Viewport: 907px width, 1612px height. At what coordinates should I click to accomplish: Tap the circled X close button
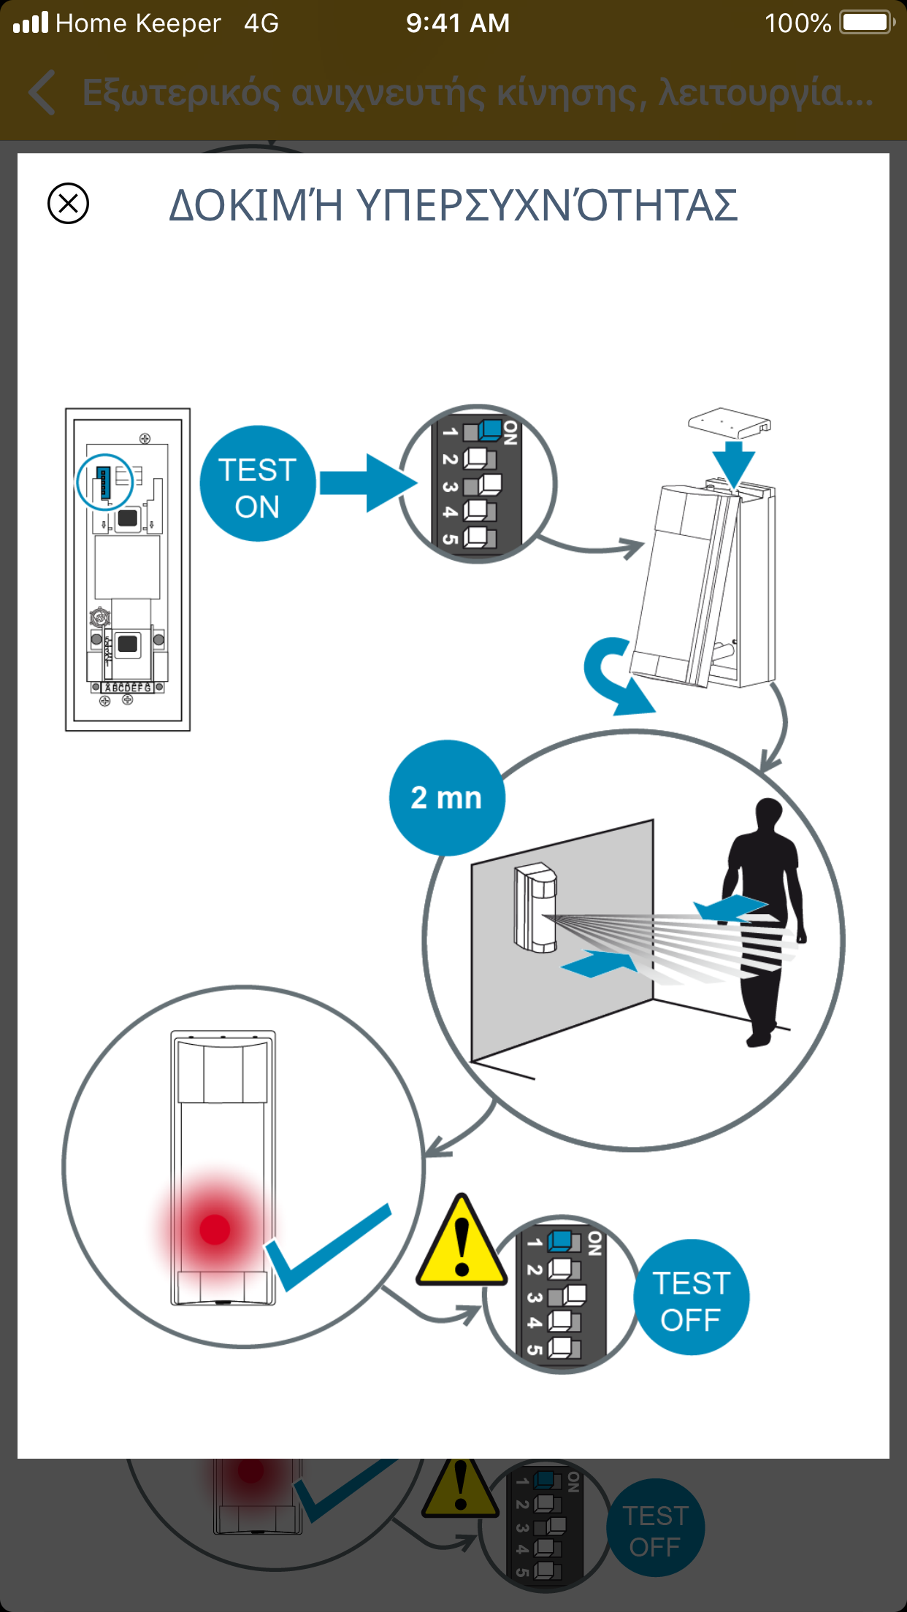point(68,203)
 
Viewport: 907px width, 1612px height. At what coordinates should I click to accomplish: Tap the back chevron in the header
point(42,93)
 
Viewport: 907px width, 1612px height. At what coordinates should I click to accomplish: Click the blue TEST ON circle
point(258,483)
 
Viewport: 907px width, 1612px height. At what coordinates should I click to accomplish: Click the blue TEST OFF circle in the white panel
point(691,1297)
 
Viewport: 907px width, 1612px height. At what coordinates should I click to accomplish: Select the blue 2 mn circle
point(446,798)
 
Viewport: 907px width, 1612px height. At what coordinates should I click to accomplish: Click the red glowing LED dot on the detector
point(215,1229)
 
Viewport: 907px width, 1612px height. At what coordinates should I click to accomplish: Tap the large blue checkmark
point(326,1249)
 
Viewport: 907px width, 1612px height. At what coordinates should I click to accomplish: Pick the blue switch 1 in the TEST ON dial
point(490,430)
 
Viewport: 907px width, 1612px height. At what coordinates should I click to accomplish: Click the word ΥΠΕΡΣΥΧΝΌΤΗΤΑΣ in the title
point(547,205)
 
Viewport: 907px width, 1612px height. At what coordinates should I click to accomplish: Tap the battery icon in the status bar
point(867,23)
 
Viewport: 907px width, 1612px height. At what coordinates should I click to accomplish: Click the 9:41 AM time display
point(458,23)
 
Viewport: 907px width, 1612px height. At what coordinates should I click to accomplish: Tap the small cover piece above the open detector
point(729,422)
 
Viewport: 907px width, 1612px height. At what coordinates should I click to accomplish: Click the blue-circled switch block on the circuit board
point(104,482)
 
